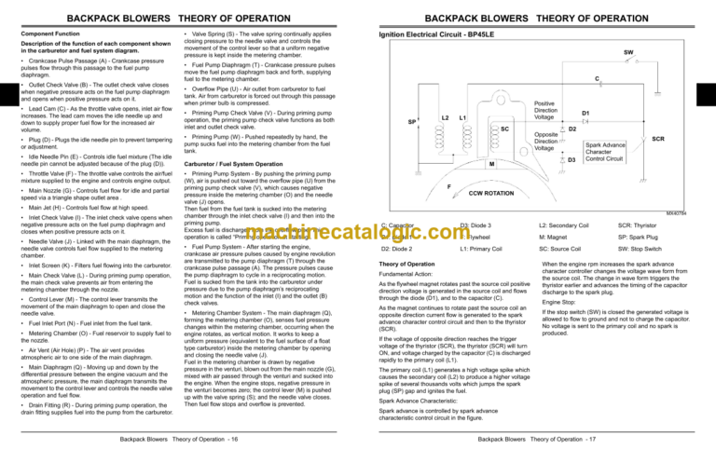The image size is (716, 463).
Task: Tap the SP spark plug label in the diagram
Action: click(x=411, y=121)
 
